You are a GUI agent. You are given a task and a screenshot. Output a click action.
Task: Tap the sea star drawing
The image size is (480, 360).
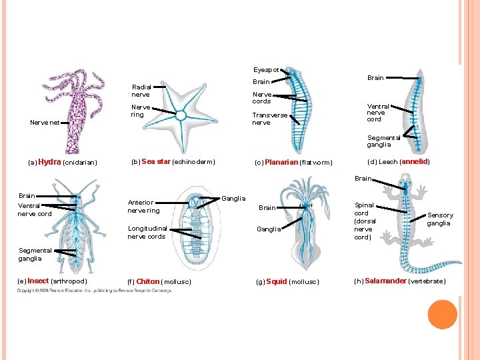point(181,113)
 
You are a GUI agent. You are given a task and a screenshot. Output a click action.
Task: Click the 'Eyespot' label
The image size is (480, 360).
point(265,69)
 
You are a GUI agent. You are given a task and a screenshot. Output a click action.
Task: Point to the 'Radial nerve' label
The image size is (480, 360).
point(141,91)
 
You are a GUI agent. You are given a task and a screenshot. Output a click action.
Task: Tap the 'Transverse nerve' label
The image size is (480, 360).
point(269,119)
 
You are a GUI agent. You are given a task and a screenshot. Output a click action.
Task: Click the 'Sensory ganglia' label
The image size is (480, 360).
point(440,219)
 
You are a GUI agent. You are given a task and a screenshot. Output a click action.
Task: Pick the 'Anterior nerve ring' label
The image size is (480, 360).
point(143,207)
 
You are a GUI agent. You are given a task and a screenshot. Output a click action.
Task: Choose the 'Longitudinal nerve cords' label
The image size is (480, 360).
point(146,232)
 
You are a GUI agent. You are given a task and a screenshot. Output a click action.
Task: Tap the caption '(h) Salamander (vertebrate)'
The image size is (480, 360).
point(400,281)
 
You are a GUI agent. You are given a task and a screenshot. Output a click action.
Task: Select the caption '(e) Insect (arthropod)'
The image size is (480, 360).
point(53,281)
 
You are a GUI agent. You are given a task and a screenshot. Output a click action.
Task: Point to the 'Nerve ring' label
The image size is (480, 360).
point(141,111)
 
